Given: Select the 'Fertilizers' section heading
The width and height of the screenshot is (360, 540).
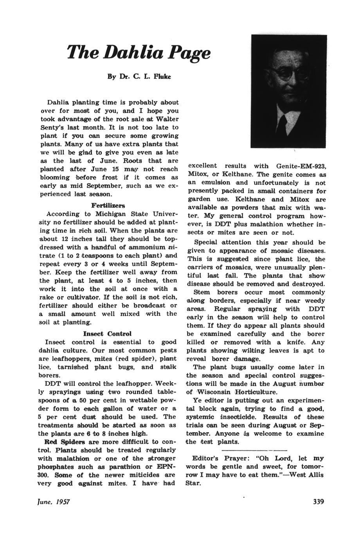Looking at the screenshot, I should [108, 205].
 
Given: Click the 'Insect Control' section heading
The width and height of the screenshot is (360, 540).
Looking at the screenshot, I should [108, 334].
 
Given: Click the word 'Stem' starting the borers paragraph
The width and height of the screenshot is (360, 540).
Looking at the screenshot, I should [202, 292].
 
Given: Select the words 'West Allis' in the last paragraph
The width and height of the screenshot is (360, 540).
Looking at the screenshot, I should [307, 475].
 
